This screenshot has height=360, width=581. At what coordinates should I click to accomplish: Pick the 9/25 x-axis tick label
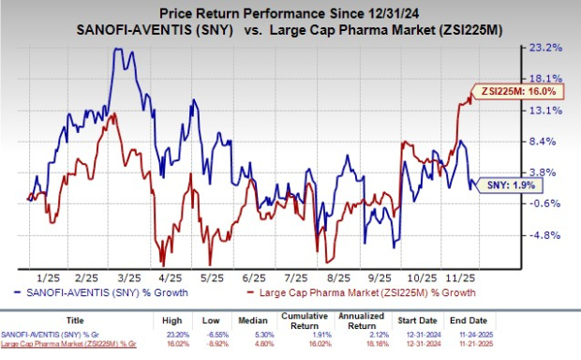pyautogui.click(x=380, y=278)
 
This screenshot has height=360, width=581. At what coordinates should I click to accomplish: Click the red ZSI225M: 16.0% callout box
pyautogui.click(x=525, y=93)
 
